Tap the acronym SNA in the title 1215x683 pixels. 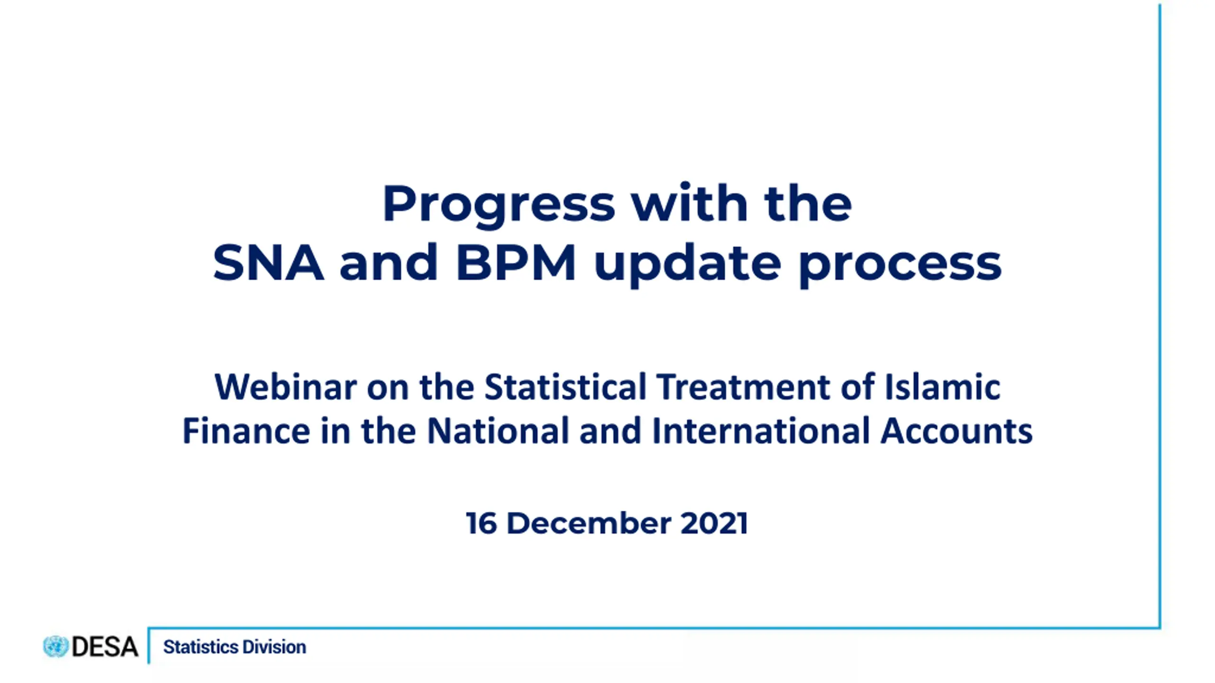(x=268, y=262)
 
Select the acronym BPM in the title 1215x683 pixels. (x=516, y=262)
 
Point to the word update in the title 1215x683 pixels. (x=688, y=265)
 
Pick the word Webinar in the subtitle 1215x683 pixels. (x=286, y=387)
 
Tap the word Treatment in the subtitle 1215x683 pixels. (x=743, y=387)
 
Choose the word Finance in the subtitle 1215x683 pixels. (x=246, y=430)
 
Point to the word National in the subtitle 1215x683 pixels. (x=498, y=430)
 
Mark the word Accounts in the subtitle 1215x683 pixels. (x=956, y=430)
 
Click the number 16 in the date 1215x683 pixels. (x=481, y=523)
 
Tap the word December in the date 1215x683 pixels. (x=589, y=523)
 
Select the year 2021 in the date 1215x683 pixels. (x=714, y=523)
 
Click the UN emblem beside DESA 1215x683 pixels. (x=56, y=646)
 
